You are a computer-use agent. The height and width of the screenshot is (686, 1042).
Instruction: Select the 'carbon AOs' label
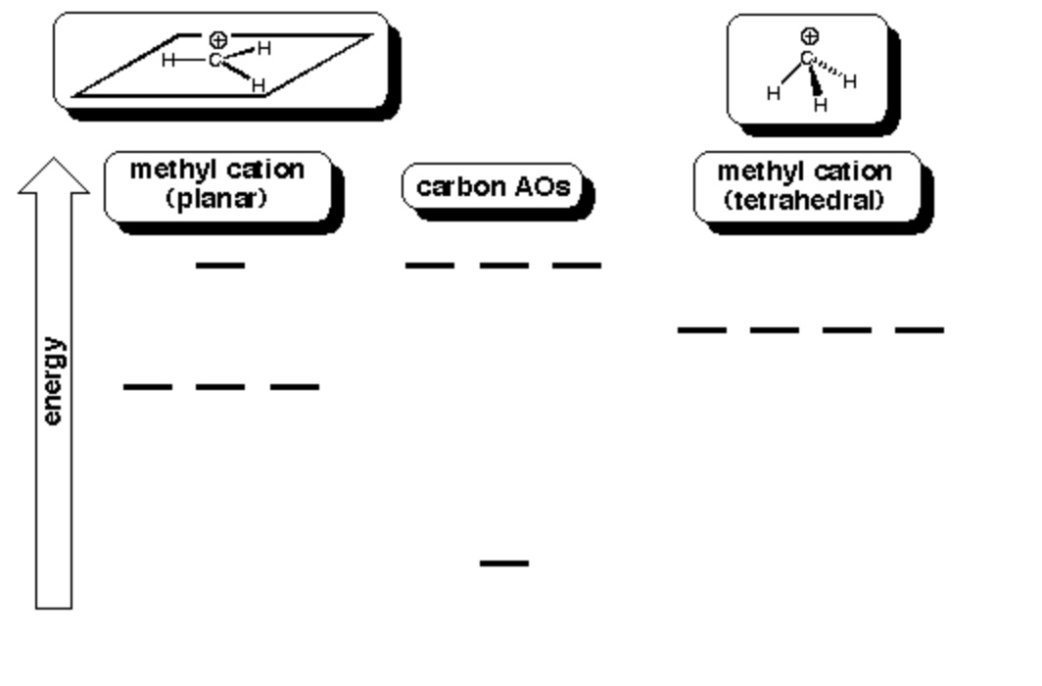(x=493, y=186)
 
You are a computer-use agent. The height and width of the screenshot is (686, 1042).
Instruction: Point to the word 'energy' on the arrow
(x=53, y=381)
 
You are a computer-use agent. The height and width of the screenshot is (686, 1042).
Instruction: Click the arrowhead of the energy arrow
(x=54, y=176)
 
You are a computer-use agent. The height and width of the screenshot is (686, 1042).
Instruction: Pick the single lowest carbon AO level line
(x=504, y=563)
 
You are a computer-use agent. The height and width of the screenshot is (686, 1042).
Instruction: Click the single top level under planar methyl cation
(x=220, y=265)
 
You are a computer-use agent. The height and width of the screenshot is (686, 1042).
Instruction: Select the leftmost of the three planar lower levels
(x=147, y=387)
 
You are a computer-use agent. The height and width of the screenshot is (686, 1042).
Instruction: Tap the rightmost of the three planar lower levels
(x=295, y=387)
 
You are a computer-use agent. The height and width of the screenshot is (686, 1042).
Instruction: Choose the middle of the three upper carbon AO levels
(x=504, y=265)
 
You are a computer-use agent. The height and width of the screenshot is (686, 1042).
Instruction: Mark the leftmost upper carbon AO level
(x=430, y=265)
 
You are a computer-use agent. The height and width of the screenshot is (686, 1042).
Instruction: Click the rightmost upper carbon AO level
(x=577, y=265)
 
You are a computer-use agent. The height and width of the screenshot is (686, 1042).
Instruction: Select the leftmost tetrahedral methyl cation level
(x=702, y=330)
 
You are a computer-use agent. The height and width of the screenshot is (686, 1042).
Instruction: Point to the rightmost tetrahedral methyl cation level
(x=920, y=330)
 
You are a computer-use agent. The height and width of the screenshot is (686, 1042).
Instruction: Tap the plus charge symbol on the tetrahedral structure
(x=809, y=36)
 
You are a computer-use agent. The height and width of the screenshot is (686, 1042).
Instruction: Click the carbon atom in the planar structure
(x=214, y=62)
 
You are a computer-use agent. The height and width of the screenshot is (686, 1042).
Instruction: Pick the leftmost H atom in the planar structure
(x=168, y=61)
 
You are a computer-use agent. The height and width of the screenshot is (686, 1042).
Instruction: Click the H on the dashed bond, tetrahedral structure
(x=849, y=81)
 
